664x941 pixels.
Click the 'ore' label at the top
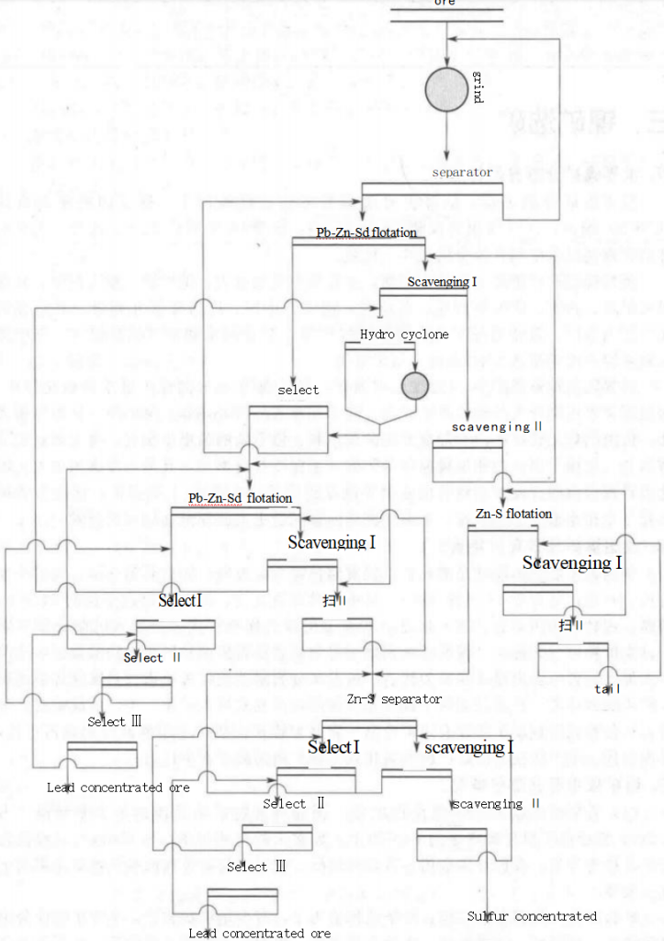[445, 3]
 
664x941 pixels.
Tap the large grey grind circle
[445, 88]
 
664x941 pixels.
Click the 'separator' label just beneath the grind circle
[462, 172]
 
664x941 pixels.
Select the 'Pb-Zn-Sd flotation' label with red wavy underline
[241, 498]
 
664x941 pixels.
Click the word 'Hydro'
[378, 334]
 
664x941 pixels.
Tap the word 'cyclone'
[425, 334]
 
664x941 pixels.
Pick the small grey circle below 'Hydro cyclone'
[415, 384]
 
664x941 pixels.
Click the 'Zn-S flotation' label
[513, 514]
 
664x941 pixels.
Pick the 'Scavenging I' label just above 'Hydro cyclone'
[442, 281]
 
